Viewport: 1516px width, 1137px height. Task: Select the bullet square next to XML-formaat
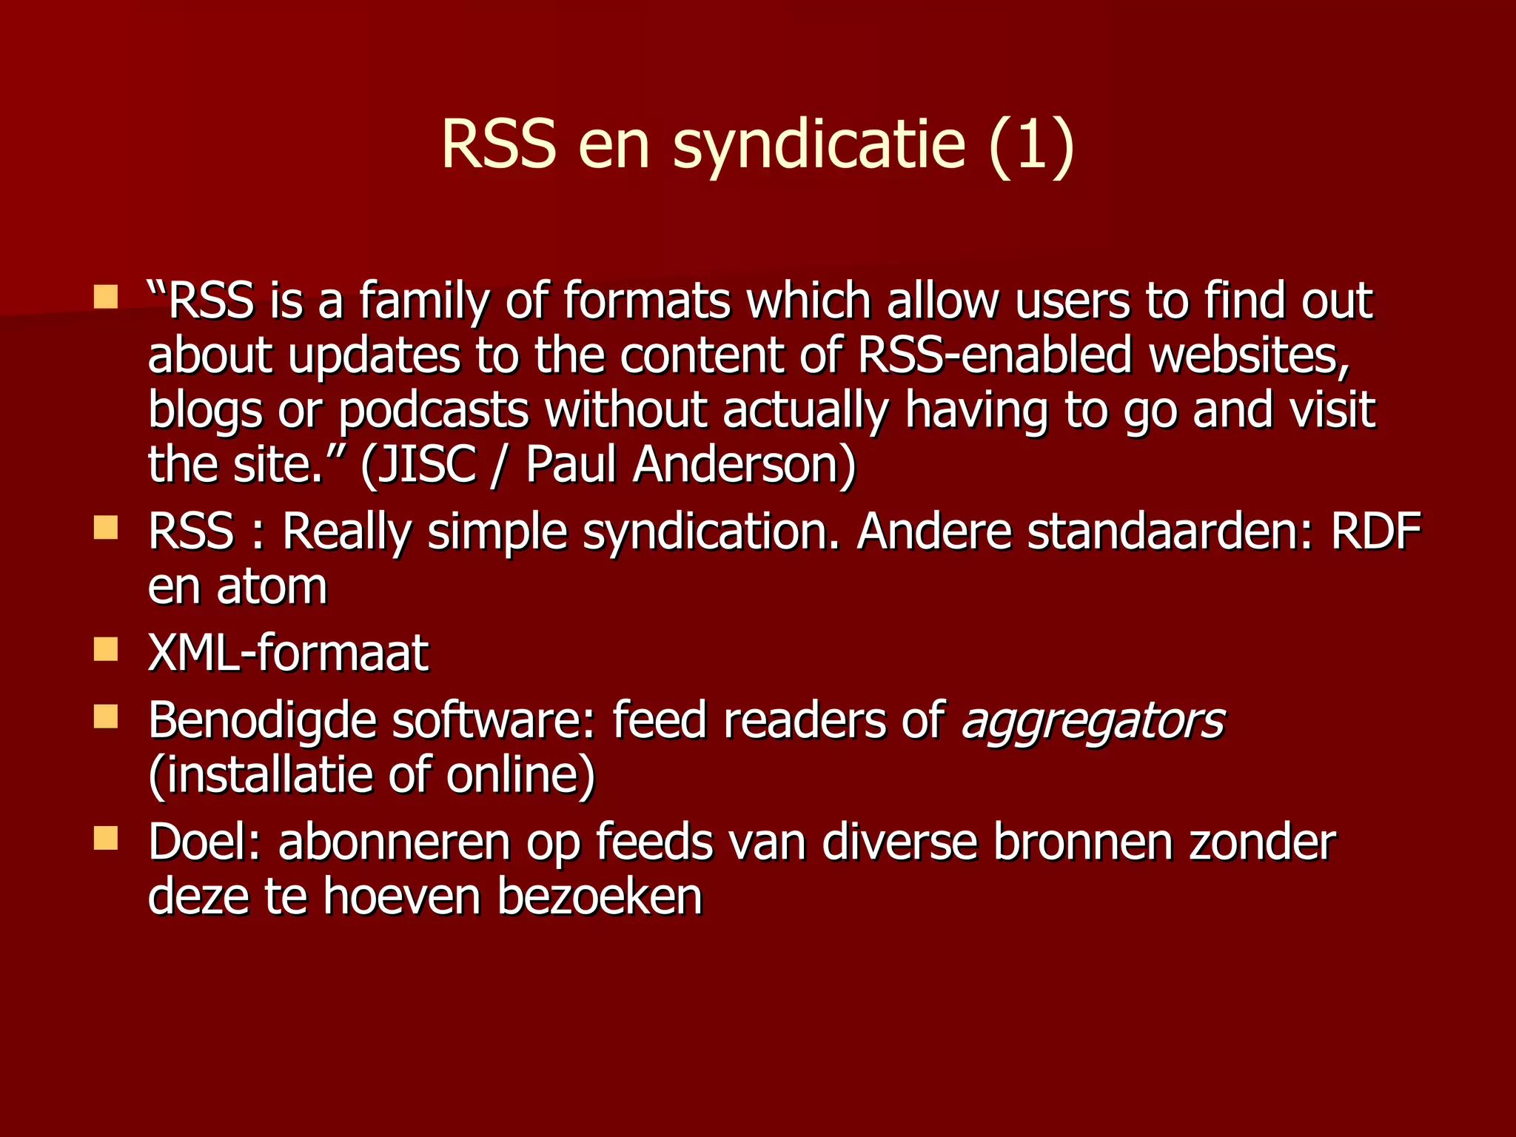[x=106, y=649]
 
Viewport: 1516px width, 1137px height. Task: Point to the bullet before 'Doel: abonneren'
[x=106, y=838]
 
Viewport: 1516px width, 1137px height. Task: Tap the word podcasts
[x=434, y=410]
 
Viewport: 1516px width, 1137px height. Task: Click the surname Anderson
[x=744, y=465]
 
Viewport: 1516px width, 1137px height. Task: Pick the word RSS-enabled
[x=995, y=355]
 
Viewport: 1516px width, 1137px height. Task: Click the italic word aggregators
[x=1093, y=720]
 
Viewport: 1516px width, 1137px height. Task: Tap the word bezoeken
[x=599, y=897]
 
